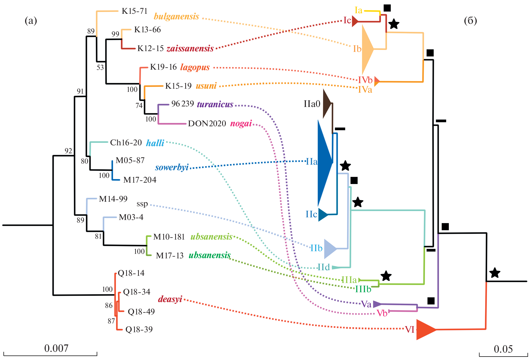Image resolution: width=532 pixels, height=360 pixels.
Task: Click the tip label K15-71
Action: point(134,11)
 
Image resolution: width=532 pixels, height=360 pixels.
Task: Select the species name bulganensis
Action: point(176,17)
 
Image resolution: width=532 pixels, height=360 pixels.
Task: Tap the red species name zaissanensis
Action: point(190,49)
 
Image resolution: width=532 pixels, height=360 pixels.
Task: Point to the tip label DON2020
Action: point(207,124)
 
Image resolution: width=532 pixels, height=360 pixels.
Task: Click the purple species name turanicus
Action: point(215,105)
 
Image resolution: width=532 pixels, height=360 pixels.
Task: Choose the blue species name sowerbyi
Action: point(172,168)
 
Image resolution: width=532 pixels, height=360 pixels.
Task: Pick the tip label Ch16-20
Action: point(126,143)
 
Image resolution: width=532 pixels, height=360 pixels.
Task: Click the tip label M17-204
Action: point(140,180)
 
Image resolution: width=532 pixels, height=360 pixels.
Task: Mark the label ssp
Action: point(142,204)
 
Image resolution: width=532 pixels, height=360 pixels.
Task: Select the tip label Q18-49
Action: point(141,312)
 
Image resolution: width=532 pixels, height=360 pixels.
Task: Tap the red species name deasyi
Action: point(170,299)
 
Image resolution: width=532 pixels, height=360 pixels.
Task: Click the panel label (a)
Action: point(31,21)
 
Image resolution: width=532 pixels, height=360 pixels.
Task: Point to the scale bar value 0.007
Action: point(56,348)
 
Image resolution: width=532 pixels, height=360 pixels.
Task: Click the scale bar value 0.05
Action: point(503,349)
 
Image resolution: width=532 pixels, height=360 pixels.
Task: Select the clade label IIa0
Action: point(312,104)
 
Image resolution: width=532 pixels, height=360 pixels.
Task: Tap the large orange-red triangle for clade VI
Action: point(425,330)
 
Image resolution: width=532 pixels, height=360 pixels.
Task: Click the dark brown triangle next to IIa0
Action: point(327,104)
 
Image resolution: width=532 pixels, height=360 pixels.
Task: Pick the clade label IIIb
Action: point(363,289)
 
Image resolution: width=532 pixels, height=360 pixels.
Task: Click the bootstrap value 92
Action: point(68,151)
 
